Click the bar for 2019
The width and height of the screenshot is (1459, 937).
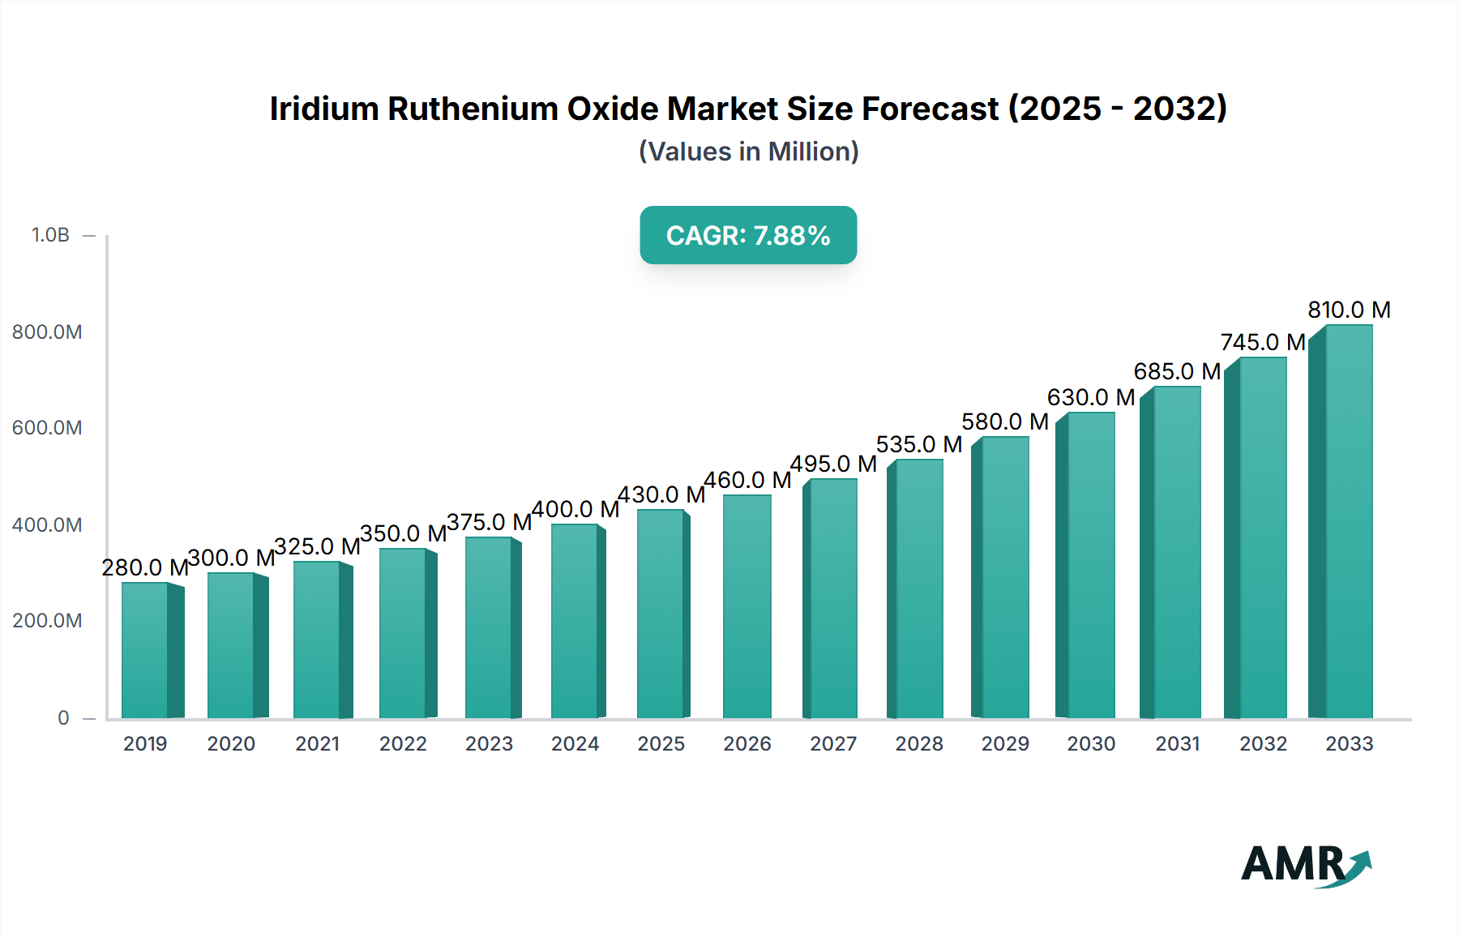[146, 650]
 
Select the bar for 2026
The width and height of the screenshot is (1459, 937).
[747, 606]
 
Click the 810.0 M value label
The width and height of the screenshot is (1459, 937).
[1349, 310]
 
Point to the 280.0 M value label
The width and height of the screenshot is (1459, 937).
[145, 567]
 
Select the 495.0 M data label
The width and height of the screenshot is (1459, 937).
[833, 464]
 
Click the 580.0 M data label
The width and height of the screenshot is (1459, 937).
[1005, 421]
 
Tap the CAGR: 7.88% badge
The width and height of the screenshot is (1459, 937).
[748, 235]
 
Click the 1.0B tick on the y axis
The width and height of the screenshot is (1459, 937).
[50, 235]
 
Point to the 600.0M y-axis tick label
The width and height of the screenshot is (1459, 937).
[47, 428]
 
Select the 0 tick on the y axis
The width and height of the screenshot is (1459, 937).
[63, 717]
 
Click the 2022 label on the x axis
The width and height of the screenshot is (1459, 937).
[403, 743]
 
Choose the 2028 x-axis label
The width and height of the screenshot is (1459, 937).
[919, 743]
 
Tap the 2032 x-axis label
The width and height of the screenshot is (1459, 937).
[1263, 743]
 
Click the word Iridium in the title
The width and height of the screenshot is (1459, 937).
[323, 109]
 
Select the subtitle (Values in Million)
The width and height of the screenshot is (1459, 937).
[748, 152]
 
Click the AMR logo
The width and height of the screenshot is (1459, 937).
[1305, 865]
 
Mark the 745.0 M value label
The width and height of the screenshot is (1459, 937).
[1263, 342]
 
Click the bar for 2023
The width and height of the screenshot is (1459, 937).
[490, 627]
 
